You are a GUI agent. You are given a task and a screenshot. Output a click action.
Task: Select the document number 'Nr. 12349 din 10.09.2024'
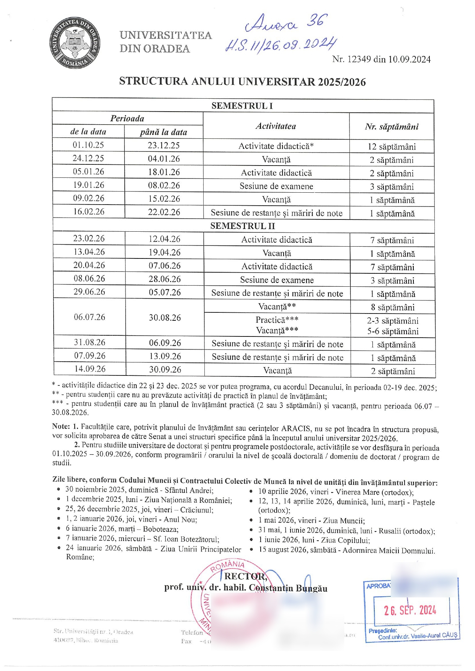tap(381, 59)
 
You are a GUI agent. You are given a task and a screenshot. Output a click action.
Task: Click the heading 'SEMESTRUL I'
tap(242, 106)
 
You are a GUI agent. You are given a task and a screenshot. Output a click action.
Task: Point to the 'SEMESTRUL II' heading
tap(243, 226)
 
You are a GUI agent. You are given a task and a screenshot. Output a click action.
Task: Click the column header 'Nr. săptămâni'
tap(392, 127)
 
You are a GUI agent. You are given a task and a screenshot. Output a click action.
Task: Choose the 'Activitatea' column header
tap(276, 126)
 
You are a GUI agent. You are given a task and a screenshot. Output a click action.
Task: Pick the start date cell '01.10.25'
tap(88, 145)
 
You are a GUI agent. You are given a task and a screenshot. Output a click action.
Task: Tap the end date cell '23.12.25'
tap(164, 146)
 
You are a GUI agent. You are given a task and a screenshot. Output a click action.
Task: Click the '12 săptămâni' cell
tap(392, 146)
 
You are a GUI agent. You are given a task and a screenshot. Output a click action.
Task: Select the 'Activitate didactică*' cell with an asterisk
tap(276, 146)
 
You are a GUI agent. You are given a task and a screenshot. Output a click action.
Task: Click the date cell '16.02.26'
tap(89, 212)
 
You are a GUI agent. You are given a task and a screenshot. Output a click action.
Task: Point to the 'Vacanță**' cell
tap(277, 307)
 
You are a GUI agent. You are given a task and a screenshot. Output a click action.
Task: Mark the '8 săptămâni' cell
tap(392, 307)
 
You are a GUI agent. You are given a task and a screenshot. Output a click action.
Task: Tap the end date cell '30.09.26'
tap(165, 369)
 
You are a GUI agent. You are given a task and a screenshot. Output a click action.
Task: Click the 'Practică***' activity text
tap(277, 320)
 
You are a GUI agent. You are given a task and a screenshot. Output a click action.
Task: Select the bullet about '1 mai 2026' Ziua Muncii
tap(311, 521)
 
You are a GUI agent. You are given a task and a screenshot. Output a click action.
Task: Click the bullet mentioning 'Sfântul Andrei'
tap(139, 490)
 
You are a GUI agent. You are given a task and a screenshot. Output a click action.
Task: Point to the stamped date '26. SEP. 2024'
tap(410, 610)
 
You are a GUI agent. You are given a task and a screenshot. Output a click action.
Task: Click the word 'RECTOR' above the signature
tap(245, 577)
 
